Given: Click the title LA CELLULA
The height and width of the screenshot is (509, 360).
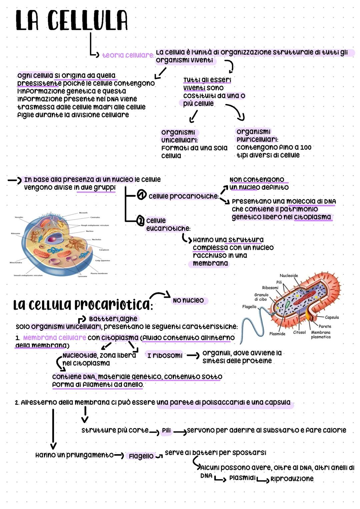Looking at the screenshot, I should [x=71, y=21].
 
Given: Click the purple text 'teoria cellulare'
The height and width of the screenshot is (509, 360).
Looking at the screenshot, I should [x=128, y=55].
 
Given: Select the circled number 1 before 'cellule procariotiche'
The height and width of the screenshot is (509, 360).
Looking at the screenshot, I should [x=142, y=195].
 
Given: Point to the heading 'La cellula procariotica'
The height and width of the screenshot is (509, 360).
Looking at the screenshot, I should [x=82, y=304].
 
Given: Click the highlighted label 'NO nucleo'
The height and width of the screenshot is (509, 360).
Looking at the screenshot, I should [x=188, y=300].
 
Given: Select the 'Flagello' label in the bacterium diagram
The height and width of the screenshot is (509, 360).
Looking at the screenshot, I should [x=249, y=307].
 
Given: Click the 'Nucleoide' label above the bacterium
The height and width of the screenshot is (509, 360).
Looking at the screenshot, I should [x=289, y=275].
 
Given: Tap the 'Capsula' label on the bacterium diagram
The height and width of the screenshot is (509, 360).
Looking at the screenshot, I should [x=332, y=317].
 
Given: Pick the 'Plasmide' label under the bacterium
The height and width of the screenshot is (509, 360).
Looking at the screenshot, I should [x=277, y=334].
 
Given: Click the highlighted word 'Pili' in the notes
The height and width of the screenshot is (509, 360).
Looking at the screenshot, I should [x=166, y=431].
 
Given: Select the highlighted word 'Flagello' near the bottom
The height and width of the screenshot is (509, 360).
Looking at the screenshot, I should [x=141, y=456].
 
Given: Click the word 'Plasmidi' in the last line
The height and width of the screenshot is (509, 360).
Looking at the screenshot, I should [x=242, y=478].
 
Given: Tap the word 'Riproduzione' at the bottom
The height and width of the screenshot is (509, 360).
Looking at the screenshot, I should [x=292, y=479].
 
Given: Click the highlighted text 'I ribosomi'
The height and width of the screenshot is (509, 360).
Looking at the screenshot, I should [x=165, y=355].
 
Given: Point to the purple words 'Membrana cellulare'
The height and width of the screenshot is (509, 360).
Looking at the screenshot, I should [x=55, y=338].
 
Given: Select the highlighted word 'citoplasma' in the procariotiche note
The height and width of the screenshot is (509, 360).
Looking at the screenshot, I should [x=312, y=217].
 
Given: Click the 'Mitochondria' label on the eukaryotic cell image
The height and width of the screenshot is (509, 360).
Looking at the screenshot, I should [x=16, y=262].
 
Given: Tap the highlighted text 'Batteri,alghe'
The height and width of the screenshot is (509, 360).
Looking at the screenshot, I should [x=113, y=319].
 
